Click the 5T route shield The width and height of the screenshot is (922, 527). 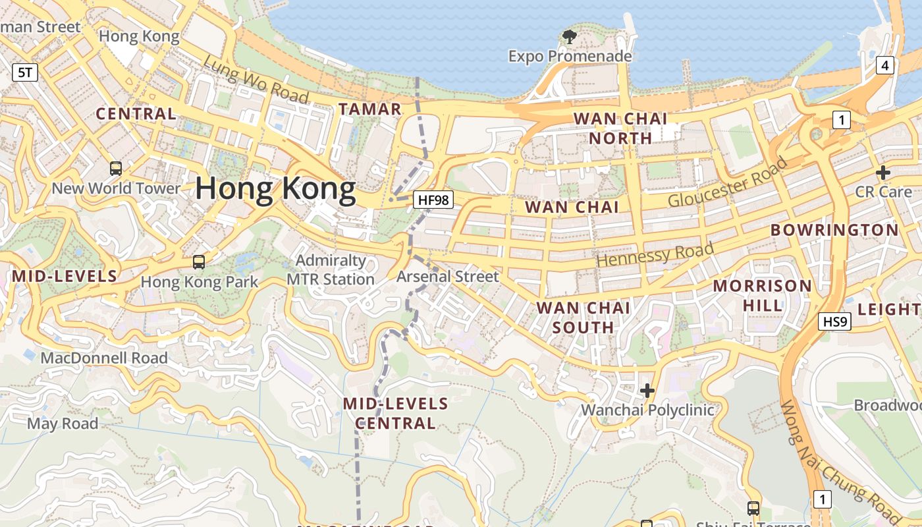point(25,72)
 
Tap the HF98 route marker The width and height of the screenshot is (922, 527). point(434,199)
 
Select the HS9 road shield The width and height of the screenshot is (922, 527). point(835,321)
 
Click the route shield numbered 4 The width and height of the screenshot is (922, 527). point(884,65)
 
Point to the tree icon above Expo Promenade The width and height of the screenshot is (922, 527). point(569,37)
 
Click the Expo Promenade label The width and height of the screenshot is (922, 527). point(570,56)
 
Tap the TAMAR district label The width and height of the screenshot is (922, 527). point(369,109)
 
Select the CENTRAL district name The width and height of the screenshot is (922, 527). point(136,113)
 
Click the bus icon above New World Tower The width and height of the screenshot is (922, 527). point(116,169)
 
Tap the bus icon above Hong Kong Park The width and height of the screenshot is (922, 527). point(199,262)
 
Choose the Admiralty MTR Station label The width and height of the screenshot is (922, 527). point(331,270)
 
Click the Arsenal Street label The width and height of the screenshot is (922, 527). point(448,277)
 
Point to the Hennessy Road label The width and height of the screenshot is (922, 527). point(655,254)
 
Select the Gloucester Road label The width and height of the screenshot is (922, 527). point(728,182)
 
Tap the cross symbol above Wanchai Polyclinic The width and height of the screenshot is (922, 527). point(647,391)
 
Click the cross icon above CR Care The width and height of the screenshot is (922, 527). point(882,173)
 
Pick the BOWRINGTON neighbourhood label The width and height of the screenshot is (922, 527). point(834,230)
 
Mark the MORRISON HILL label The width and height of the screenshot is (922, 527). point(763,295)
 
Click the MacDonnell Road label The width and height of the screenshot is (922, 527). point(104,358)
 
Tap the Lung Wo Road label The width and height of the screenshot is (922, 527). point(256,80)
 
